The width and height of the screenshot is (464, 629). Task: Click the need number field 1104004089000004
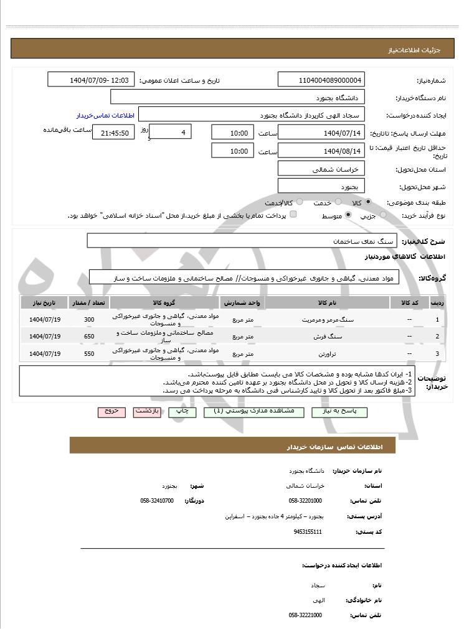pyautogui.click(x=321, y=80)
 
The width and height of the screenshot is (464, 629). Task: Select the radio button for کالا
pyautogui.click(x=369, y=202)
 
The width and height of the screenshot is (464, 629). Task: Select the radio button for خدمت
pyautogui.click(x=337, y=202)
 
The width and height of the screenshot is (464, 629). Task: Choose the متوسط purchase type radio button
pyautogui.click(x=348, y=215)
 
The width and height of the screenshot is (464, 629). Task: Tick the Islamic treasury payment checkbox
pyautogui.click(x=293, y=215)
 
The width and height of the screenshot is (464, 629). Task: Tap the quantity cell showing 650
pyautogui.click(x=89, y=337)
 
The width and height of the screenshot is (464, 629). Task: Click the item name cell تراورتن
pyautogui.click(x=328, y=353)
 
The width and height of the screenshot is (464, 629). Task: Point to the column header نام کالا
pyautogui.click(x=328, y=302)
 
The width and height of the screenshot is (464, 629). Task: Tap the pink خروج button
pyautogui.click(x=112, y=412)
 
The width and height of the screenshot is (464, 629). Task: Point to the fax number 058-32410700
pyautogui.click(x=158, y=500)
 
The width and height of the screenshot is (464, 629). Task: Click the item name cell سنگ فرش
pyautogui.click(x=328, y=337)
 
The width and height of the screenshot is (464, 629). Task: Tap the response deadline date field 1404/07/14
pyautogui.click(x=321, y=133)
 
